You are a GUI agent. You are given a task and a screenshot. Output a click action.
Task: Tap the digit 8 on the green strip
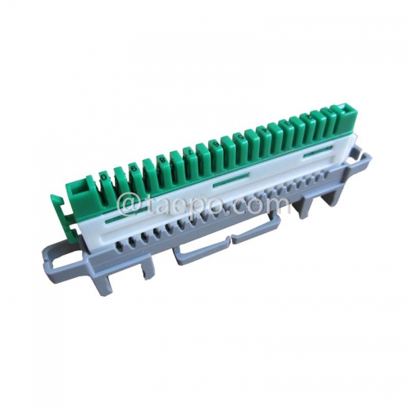tap(161, 158)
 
